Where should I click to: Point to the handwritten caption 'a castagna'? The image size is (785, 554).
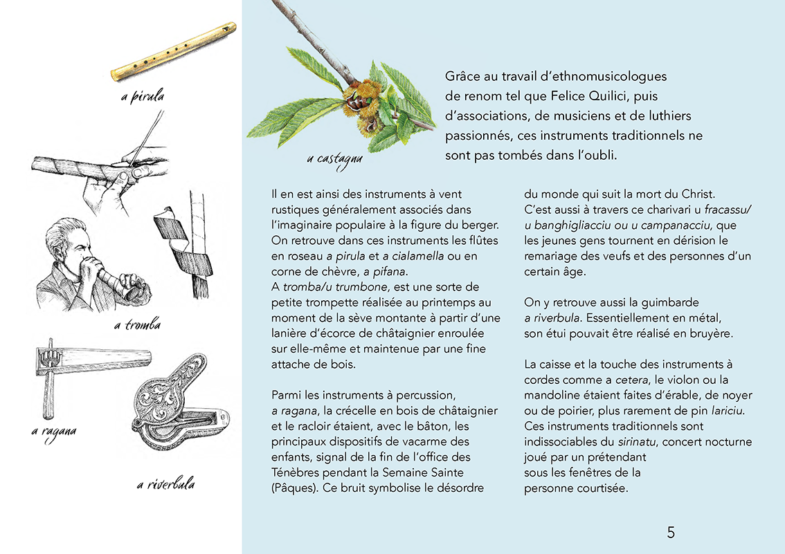pos(334,159)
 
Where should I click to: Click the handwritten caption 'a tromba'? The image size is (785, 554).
pos(137,324)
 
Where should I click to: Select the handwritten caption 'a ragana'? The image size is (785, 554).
pos(53,432)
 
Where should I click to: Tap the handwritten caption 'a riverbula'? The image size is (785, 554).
pos(165,484)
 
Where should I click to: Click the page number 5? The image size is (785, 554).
pos(670,532)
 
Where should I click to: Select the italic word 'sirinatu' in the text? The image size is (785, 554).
pos(636,441)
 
